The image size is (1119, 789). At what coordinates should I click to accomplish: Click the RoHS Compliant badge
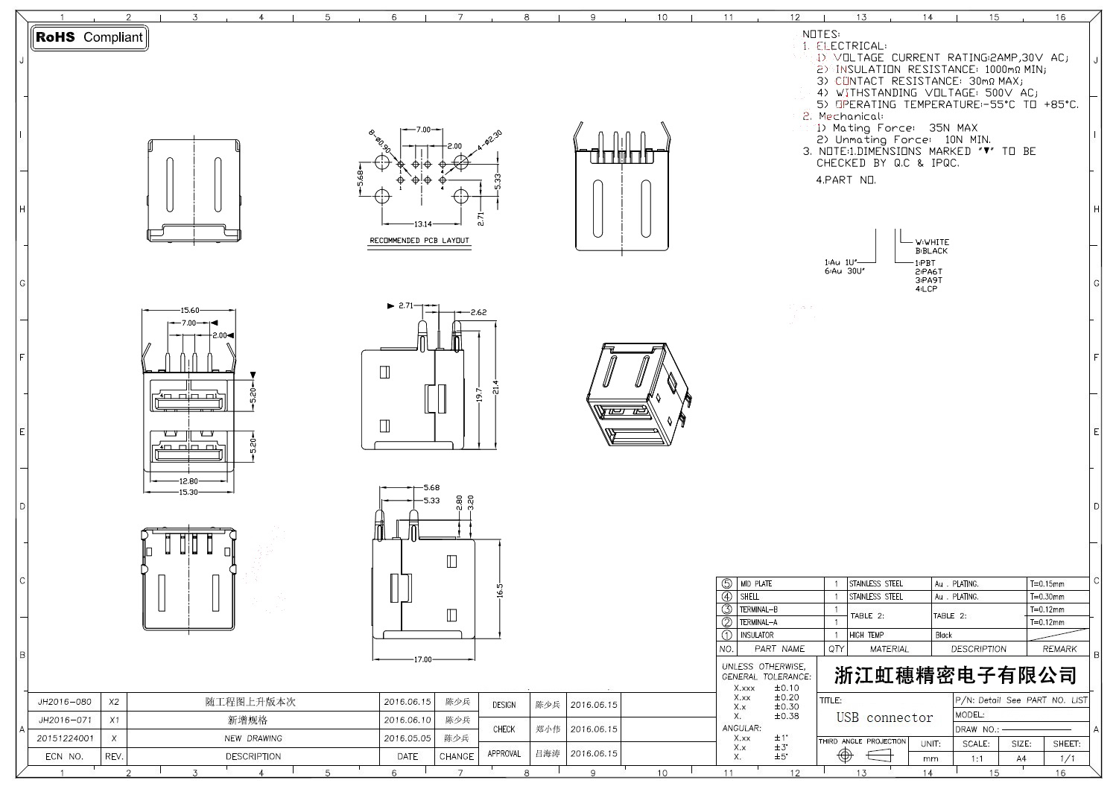tap(90, 37)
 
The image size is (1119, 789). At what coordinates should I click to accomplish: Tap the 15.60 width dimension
tap(190, 311)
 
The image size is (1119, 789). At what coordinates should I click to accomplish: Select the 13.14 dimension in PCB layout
tap(423, 224)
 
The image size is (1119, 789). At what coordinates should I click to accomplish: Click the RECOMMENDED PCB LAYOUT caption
tap(419, 241)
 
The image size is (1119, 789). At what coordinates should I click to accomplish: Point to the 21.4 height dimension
tap(495, 388)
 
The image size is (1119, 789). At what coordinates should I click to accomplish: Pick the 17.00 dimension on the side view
tap(422, 659)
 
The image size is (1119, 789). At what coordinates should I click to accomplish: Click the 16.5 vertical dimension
tap(500, 590)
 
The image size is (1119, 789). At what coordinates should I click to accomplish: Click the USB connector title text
tap(884, 718)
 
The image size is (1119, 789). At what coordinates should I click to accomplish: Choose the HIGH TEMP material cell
tap(866, 636)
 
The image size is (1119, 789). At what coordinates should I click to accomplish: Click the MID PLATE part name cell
tap(755, 584)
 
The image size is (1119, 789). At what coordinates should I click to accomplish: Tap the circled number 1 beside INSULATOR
tap(726, 636)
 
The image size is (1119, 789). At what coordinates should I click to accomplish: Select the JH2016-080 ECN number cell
tap(65, 702)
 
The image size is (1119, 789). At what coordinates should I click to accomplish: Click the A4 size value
tap(1021, 758)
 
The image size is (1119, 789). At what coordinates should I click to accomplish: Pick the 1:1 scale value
tap(977, 758)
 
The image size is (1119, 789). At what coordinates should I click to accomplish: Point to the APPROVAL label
tap(504, 753)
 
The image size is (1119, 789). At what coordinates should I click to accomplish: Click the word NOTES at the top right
tap(820, 34)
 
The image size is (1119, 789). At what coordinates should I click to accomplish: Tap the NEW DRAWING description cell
tap(253, 738)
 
